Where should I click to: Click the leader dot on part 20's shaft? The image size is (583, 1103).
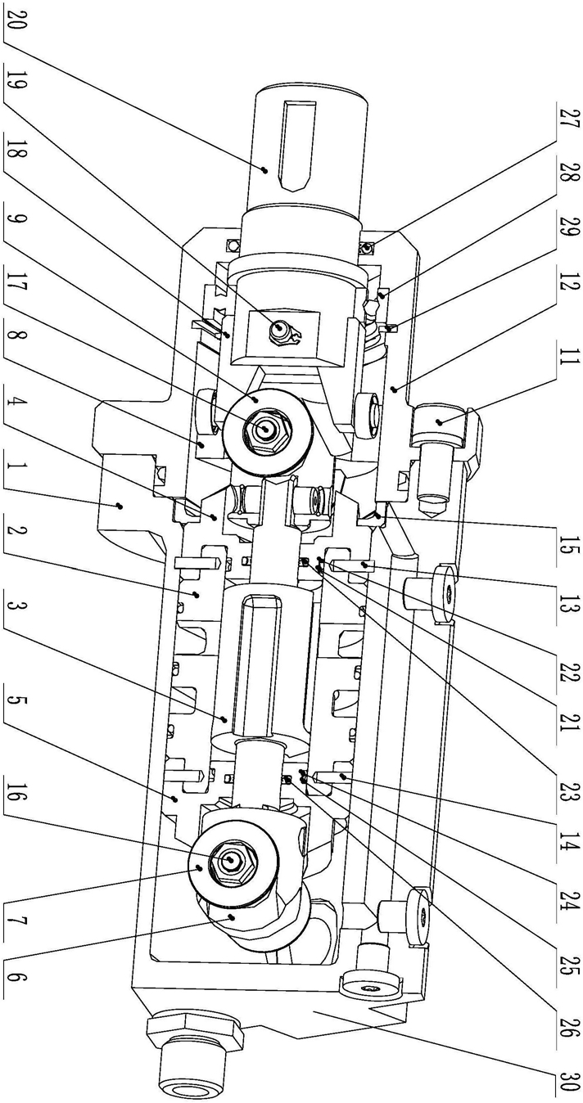tap(265, 169)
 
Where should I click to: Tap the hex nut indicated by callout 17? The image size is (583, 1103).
tap(266, 430)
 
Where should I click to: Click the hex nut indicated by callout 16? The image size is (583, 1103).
tap(231, 860)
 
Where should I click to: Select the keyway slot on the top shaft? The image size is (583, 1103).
tap(296, 146)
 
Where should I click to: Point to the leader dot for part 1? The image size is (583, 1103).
tap(119, 505)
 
